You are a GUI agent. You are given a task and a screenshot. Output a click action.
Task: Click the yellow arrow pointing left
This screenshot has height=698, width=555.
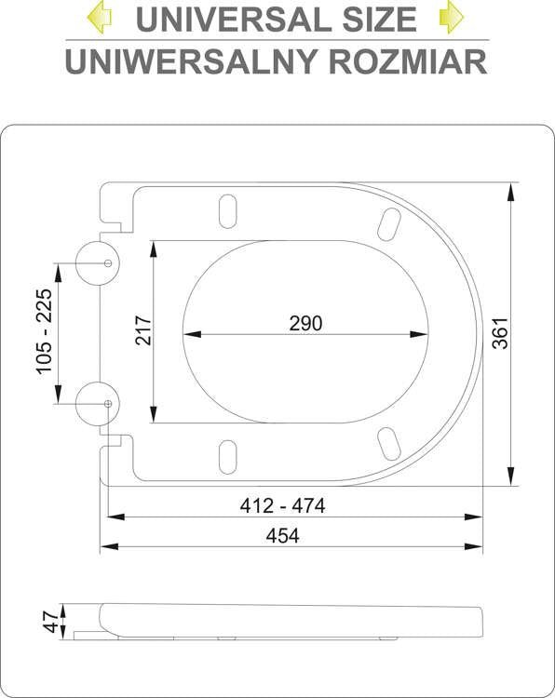pos(100,17)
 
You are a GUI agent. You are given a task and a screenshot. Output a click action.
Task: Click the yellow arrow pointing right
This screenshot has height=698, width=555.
pos(452,17)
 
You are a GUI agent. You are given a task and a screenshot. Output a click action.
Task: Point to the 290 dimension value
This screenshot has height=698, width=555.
pos(305,323)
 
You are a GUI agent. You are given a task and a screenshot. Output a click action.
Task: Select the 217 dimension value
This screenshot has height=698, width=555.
pos(143,331)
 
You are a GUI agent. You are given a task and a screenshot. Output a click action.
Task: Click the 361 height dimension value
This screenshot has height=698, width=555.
pos(501,333)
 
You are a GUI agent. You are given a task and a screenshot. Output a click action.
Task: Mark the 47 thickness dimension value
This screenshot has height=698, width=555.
pos(49,621)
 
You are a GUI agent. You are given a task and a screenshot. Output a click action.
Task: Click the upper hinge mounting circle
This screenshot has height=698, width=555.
pos(98,262)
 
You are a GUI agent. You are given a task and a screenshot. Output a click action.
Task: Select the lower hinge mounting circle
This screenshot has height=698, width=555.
pos(98,404)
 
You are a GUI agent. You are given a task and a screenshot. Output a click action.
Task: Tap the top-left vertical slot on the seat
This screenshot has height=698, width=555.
pos(227,210)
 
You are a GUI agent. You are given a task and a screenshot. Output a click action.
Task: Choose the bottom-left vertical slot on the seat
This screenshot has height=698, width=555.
pos(227,457)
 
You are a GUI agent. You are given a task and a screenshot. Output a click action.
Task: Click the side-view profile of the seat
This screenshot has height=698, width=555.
pos(289,621)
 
